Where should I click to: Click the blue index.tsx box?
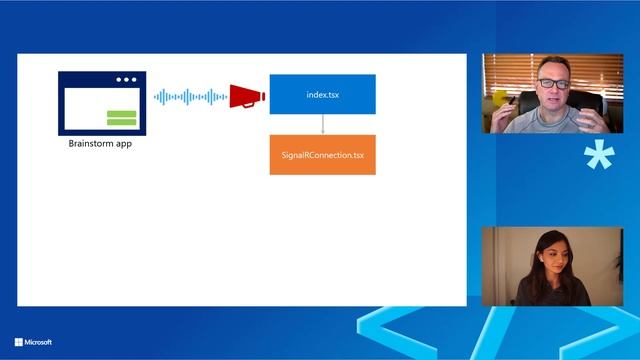coord(322,94)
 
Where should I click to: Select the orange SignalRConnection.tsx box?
coord(322,155)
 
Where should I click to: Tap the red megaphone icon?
coord(247,96)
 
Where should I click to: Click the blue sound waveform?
coord(189,96)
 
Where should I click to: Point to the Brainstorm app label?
coord(100,144)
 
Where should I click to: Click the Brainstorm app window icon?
coord(101,102)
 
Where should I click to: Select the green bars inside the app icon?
coord(121,118)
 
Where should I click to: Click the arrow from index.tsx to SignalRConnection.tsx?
coord(323,124)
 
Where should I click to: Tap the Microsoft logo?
coord(18,342)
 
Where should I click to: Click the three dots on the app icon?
coord(127,80)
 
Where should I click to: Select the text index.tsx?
coord(322,94)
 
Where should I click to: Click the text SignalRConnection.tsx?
coord(322,155)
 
